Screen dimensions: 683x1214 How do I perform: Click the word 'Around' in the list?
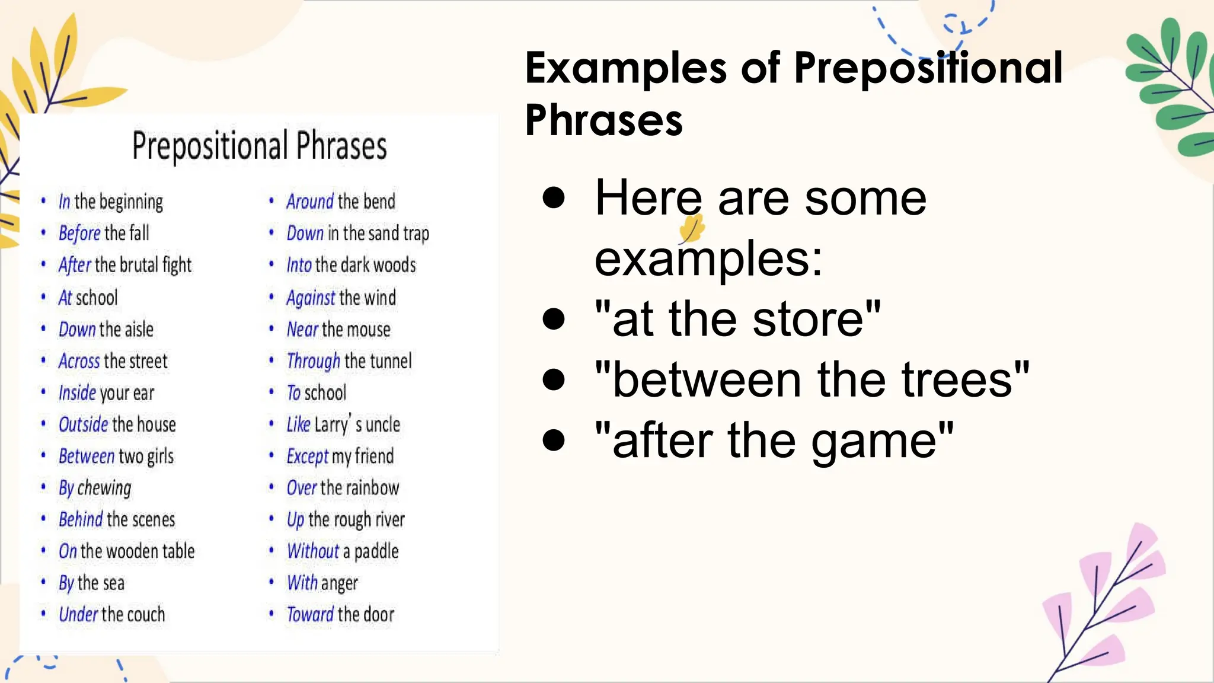[x=310, y=202]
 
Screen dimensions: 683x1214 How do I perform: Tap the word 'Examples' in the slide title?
[x=625, y=68]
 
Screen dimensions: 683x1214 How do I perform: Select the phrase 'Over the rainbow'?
[x=343, y=488]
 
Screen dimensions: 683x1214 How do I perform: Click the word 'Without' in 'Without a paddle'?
[x=312, y=551]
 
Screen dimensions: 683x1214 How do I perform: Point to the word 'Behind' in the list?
[x=81, y=520]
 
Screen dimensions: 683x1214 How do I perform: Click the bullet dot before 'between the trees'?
[x=554, y=379]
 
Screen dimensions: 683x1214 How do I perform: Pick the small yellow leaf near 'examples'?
[x=691, y=229]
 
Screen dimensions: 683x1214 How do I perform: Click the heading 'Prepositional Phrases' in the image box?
[x=259, y=146]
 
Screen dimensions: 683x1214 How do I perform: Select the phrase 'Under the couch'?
[x=111, y=615]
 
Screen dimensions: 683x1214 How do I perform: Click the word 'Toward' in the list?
[x=310, y=615]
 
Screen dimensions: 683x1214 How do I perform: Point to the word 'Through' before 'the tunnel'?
[x=313, y=361]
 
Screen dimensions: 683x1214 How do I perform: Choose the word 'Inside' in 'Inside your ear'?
[x=77, y=393]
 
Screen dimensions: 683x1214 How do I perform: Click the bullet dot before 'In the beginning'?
[x=43, y=201]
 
